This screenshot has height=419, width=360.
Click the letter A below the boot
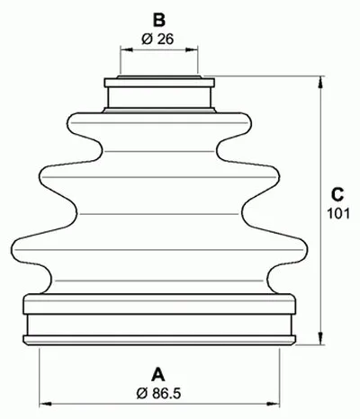(x=158, y=373)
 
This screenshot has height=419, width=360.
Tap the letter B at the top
(x=158, y=18)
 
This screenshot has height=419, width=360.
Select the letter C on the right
(x=335, y=193)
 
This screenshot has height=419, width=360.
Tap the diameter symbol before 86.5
(x=142, y=393)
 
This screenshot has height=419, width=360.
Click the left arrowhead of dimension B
(x=122, y=50)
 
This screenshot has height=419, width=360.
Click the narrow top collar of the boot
(x=159, y=94)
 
